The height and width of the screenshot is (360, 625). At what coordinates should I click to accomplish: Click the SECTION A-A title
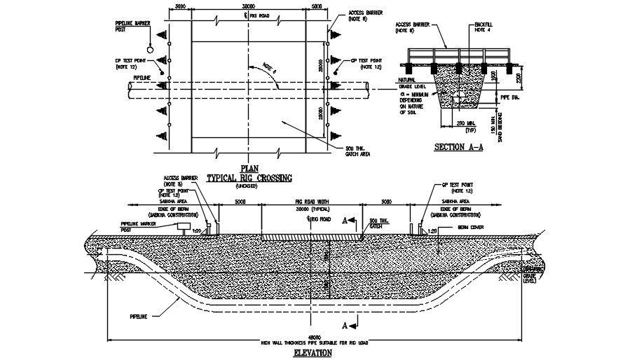459,147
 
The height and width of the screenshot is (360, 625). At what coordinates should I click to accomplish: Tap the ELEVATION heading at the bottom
312,353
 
